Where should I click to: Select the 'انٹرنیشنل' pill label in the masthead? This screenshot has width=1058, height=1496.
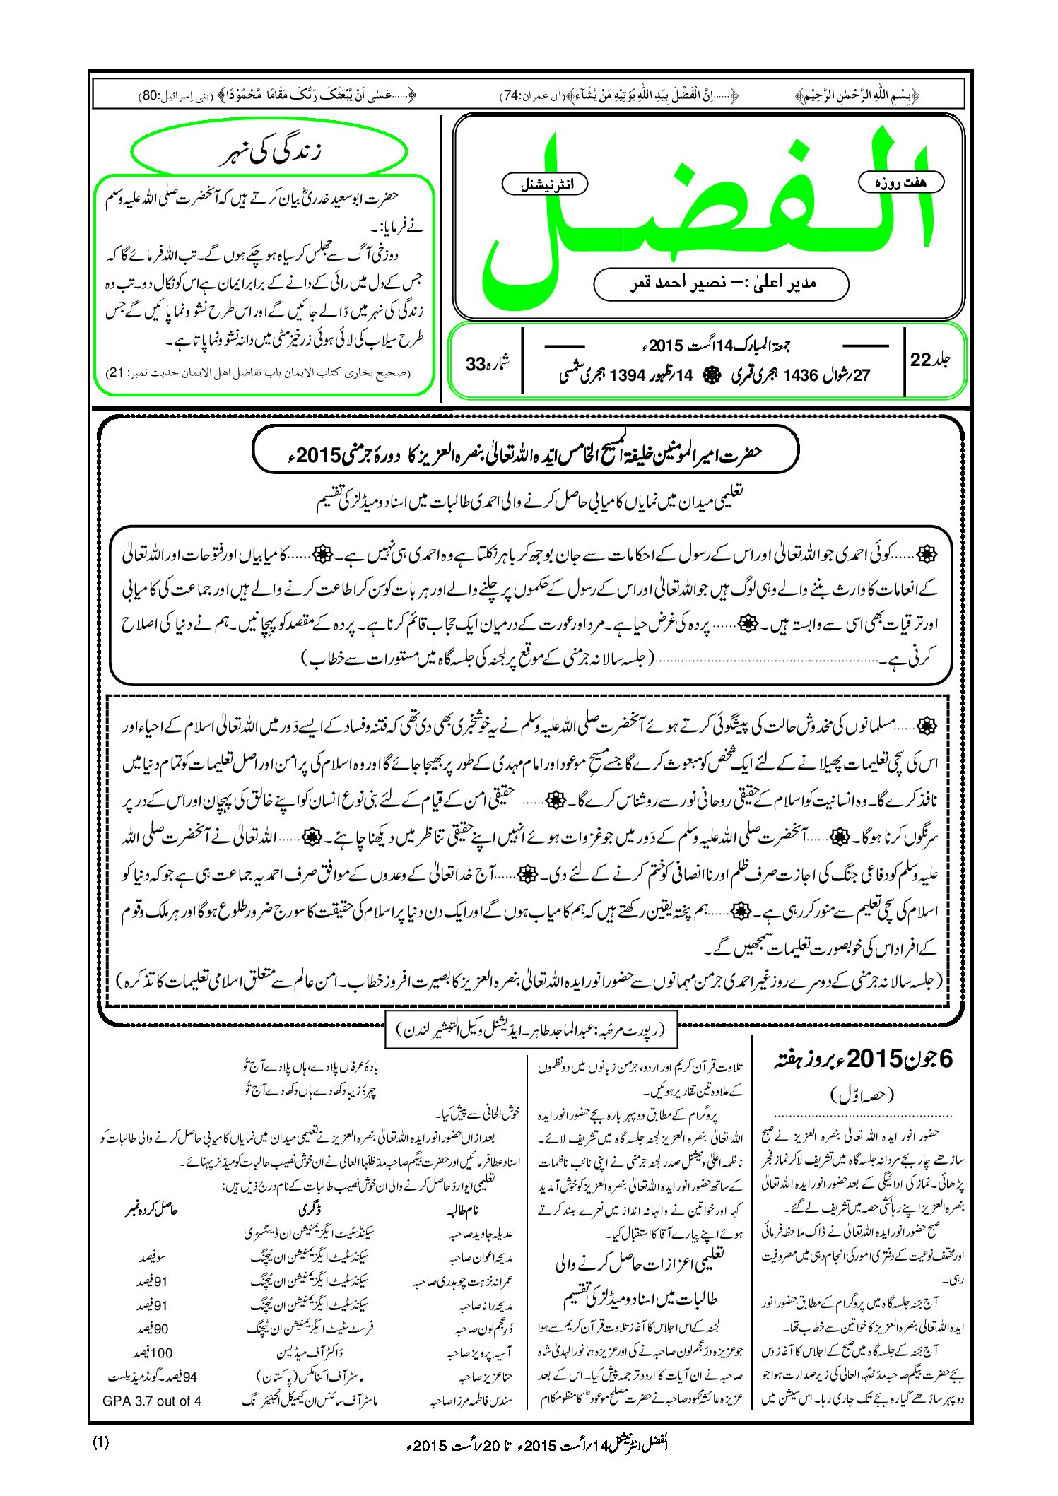544,184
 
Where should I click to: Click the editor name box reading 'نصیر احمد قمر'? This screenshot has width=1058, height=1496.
721,283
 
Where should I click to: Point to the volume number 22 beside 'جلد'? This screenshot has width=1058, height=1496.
921,360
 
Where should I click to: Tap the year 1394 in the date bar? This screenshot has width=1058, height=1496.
628,375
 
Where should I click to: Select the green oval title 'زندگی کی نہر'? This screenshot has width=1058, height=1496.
269,151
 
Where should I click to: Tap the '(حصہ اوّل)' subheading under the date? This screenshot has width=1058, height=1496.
862,1096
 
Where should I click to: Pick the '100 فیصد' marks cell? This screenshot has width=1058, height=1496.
153,1353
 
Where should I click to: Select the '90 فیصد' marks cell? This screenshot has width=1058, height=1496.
152,1329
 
